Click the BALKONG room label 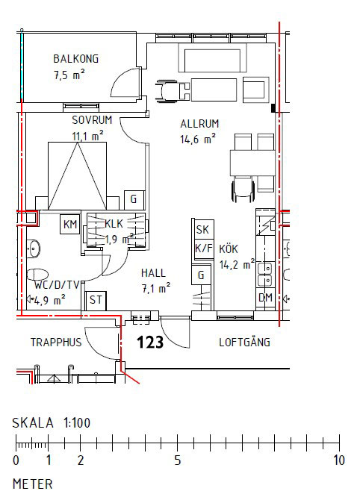75,59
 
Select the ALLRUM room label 198,124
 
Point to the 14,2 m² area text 237,263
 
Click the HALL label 153,273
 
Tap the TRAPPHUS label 55,343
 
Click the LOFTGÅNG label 244,343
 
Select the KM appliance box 70,225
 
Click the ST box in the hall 96,300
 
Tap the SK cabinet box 202,230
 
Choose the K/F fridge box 202,249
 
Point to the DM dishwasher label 265,297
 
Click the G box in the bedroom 134,199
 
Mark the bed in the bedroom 77,176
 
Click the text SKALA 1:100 52,422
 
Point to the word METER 33,484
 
